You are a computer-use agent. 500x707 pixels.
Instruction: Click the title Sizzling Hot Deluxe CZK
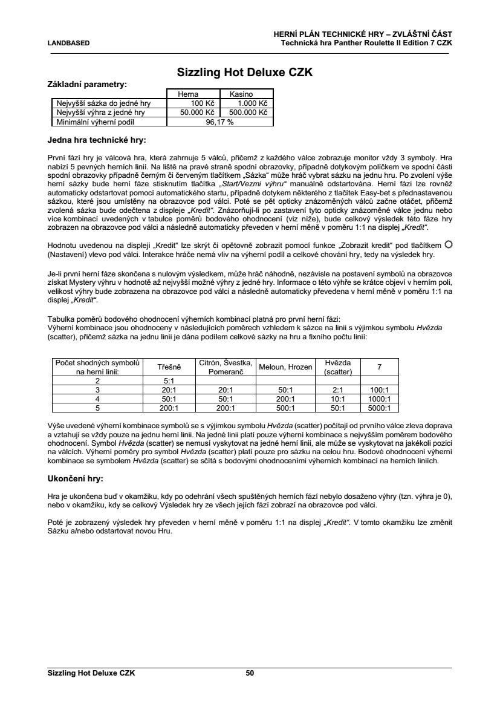pyautogui.click(x=244, y=72)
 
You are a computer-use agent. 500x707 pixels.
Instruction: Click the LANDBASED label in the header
pyautogui.click(x=69, y=43)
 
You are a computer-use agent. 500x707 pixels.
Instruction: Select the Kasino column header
pyautogui.click(x=241, y=94)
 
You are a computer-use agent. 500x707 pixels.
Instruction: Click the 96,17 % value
pyautogui.click(x=219, y=122)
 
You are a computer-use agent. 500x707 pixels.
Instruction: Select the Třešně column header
pyautogui.click(x=169, y=367)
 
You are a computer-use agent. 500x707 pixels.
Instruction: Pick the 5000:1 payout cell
pyautogui.click(x=379, y=408)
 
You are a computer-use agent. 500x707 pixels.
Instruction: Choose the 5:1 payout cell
pyautogui.click(x=169, y=381)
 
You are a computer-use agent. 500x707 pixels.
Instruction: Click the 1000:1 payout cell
pyautogui.click(x=379, y=399)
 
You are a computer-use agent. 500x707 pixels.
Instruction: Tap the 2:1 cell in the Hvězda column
pyautogui.click(x=338, y=390)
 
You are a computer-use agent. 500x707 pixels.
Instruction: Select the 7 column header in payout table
pyautogui.click(x=379, y=367)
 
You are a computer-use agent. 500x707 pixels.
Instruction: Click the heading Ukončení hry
pyautogui.click(x=75, y=478)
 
